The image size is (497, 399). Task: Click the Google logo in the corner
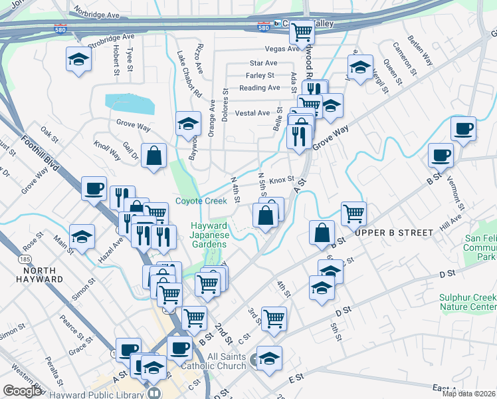coord(22,391)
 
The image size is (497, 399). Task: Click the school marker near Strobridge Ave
coord(78,59)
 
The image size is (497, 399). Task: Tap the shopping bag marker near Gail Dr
coord(153,156)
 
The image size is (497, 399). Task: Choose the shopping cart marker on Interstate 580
coord(302,31)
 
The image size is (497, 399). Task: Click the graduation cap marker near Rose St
coord(82,236)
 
